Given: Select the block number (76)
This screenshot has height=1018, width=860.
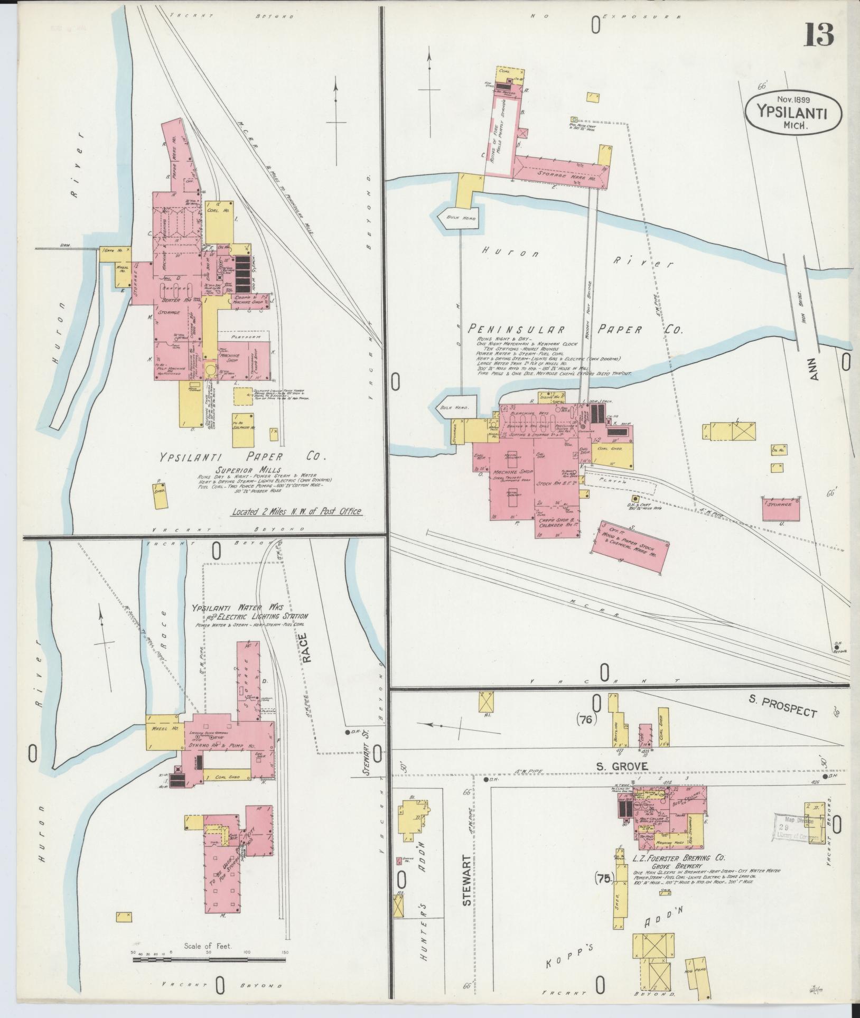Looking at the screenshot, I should (x=587, y=720).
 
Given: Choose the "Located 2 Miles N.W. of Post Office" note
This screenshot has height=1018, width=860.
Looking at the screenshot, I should (x=297, y=511).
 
